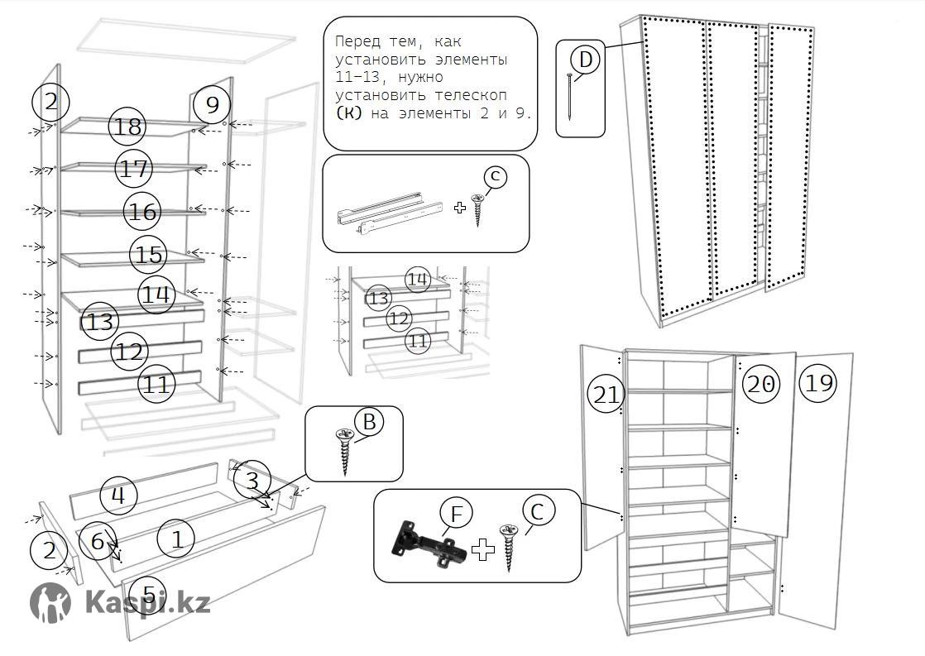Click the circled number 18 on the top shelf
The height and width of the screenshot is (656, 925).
(128, 127)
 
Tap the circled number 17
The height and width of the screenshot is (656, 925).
(133, 169)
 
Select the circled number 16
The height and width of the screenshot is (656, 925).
(142, 212)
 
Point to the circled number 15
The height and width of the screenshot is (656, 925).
(149, 254)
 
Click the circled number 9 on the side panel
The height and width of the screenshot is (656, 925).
(212, 105)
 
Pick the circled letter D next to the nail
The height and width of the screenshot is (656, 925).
(586, 60)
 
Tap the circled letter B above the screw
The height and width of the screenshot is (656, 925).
(369, 423)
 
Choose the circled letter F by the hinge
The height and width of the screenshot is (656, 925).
(455, 514)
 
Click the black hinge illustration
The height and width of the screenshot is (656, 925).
(426, 545)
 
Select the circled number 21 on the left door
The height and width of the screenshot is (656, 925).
(606, 395)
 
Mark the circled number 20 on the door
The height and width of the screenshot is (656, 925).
(761, 384)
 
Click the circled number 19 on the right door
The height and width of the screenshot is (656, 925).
(818, 383)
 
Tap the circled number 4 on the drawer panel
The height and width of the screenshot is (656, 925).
(117, 496)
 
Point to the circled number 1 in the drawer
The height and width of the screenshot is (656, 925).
(176, 539)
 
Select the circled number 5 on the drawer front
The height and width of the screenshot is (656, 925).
(149, 594)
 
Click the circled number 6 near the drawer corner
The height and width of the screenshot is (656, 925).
(98, 542)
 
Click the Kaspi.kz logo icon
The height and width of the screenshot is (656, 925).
(50, 602)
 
